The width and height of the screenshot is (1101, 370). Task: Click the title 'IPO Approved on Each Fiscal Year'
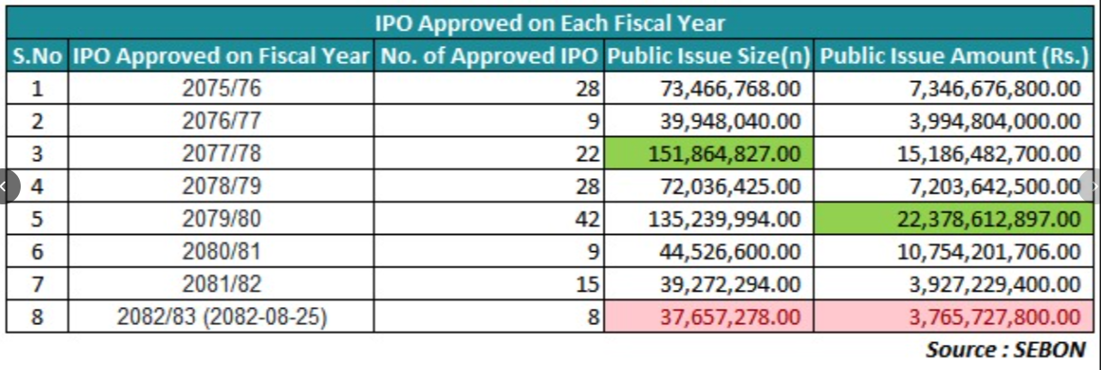[550, 23]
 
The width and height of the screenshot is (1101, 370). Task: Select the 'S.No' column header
[37, 57]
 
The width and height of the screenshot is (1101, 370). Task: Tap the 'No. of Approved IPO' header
[489, 57]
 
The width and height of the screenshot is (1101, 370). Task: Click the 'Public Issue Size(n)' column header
[708, 57]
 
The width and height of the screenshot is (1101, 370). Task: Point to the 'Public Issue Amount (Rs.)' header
[954, 57]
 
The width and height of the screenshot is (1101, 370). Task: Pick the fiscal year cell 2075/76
[221, 89]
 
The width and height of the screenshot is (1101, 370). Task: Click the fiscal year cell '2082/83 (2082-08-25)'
[221, 317]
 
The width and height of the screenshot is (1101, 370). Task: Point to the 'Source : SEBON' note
[1005, 349]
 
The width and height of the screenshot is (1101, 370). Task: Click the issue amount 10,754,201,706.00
[988, 251]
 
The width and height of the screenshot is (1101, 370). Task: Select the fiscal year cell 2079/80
[221, 219]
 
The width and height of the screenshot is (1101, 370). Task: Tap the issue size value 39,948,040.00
[730, 122]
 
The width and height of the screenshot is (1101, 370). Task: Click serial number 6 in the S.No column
[37, 251]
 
